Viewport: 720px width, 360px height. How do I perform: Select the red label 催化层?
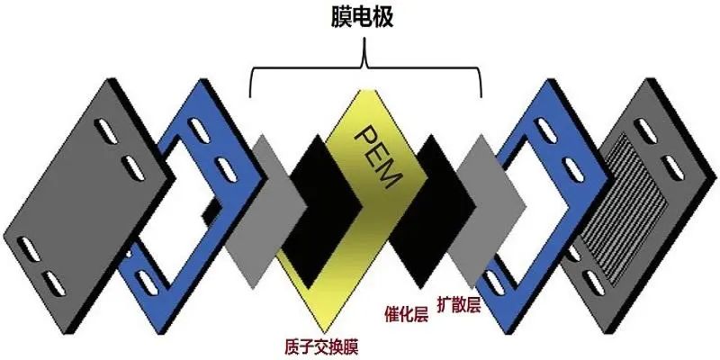407,315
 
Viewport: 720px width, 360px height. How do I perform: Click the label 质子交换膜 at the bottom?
321,346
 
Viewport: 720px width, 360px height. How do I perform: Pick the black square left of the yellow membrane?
320,211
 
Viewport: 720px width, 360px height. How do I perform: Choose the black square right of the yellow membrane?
432,211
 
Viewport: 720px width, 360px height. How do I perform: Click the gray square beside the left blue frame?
266,211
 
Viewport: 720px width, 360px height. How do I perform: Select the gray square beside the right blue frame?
487,211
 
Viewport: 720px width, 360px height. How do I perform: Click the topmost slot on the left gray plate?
106,130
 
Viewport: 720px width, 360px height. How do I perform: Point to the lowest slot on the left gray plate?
54,283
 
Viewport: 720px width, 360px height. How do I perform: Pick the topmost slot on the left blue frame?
200,130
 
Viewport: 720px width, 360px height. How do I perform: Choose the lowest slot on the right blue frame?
493,283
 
